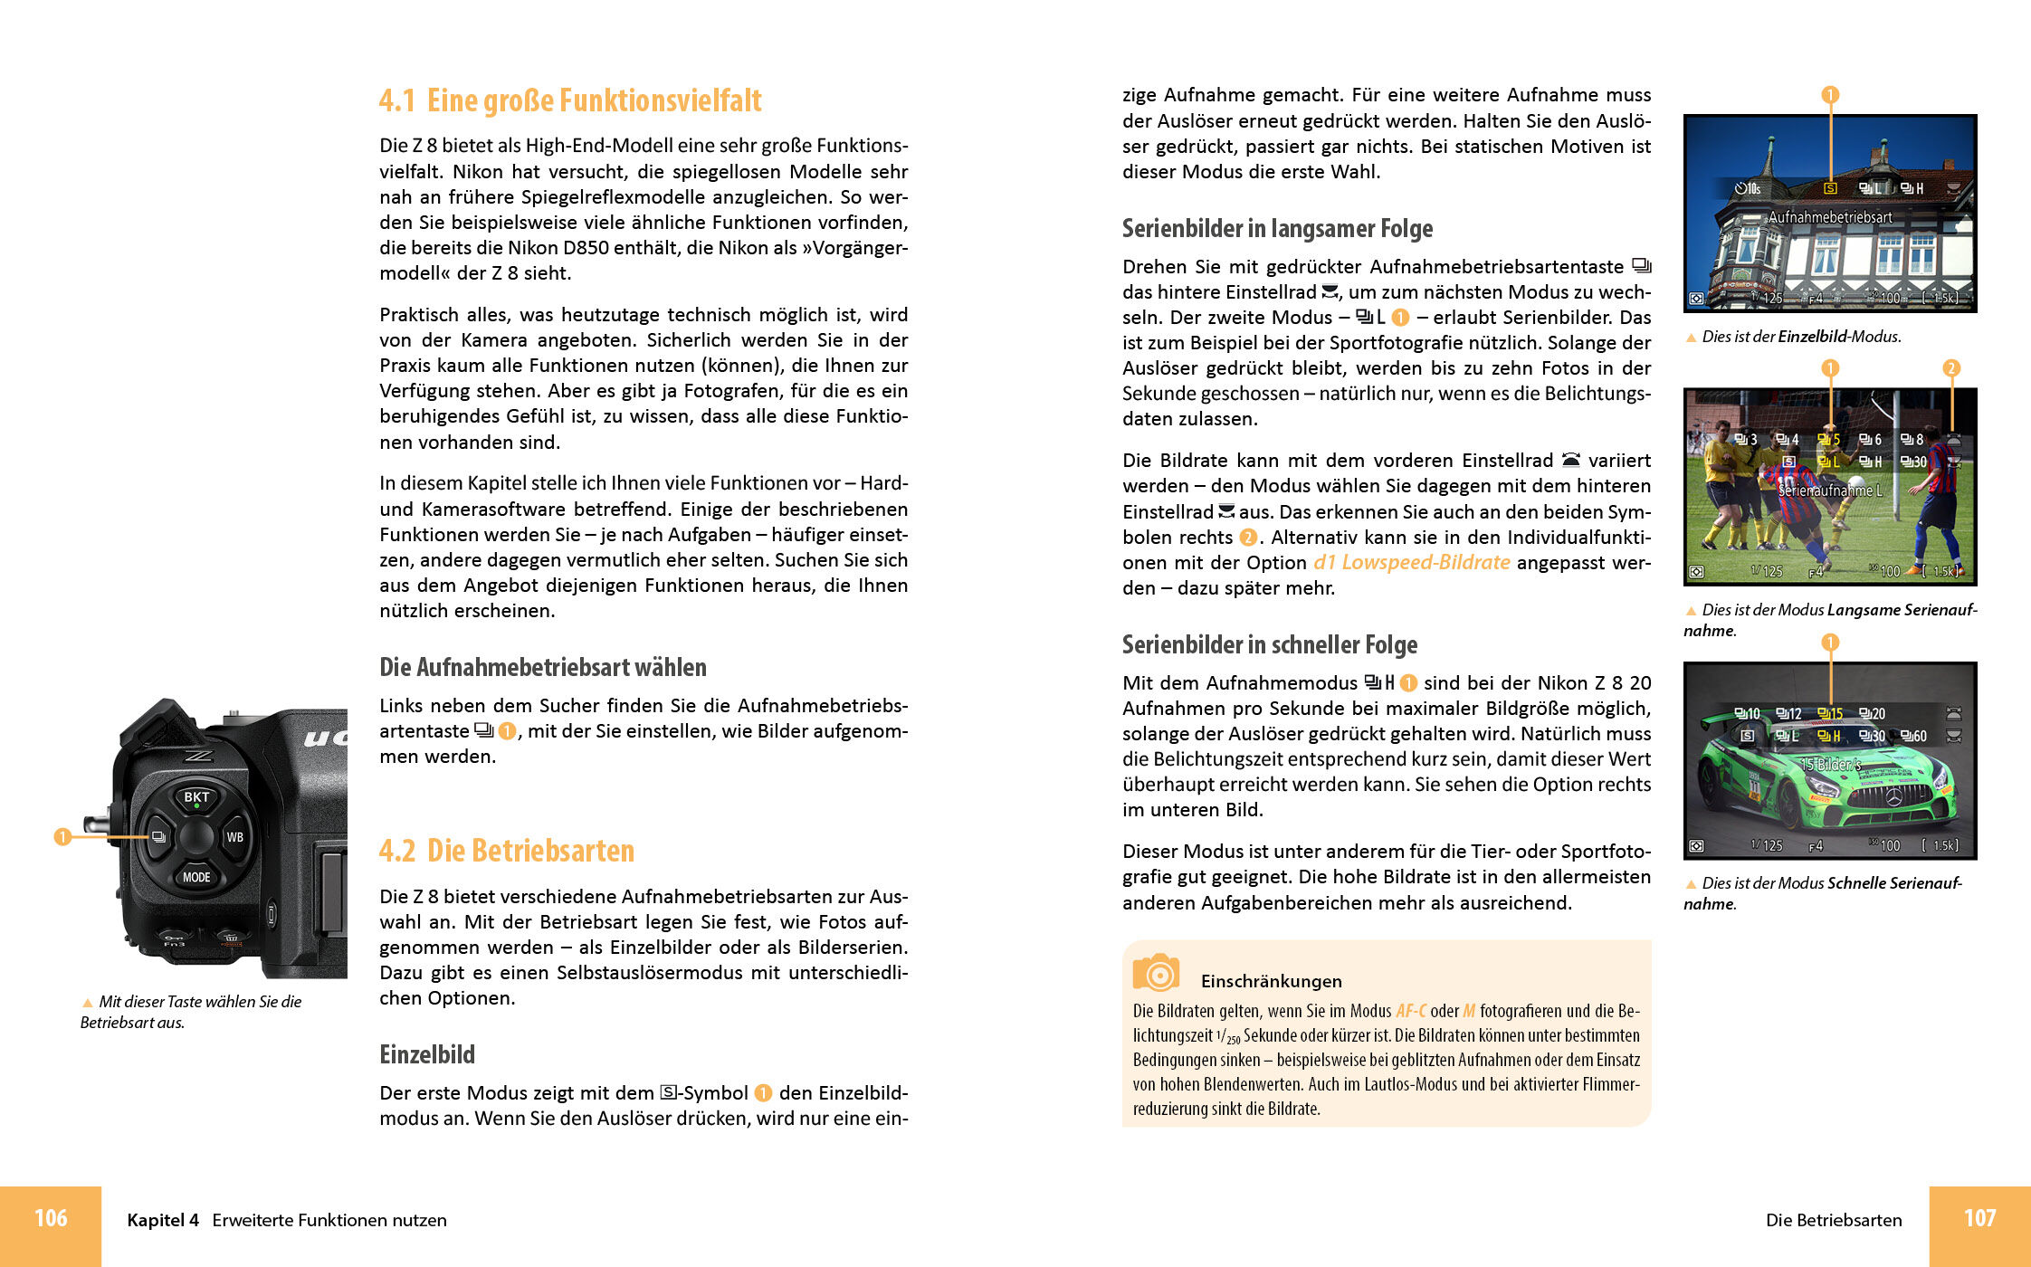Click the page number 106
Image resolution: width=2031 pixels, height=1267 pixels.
point(51,1218)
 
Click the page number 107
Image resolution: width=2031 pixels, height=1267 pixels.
point(1979,1218)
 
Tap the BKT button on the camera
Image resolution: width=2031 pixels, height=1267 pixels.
point(196,797)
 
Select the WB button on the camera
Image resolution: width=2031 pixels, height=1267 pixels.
point(234,837)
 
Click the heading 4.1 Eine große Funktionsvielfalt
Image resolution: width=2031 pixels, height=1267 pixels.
point(570,100)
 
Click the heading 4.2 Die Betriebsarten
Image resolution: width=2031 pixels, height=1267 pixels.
point(507,851)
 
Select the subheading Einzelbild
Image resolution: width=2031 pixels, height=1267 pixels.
point(427,1054)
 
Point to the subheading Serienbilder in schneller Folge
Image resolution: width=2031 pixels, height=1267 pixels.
point(1269,644)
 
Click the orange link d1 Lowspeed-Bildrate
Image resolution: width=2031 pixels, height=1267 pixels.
point(1411,562)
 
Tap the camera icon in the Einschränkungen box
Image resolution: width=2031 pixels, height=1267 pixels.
point(1156,974)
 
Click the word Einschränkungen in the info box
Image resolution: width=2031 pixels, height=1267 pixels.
point(1271,981)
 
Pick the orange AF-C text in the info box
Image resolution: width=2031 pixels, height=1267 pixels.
point(1410,1011)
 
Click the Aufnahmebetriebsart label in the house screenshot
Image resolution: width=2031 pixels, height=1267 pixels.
point(1830,217)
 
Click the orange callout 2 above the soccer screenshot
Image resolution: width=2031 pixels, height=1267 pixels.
point(1951,367)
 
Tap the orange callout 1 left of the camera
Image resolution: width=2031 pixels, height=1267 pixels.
point(62,837)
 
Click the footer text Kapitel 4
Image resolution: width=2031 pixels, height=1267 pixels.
point(163,1220)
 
